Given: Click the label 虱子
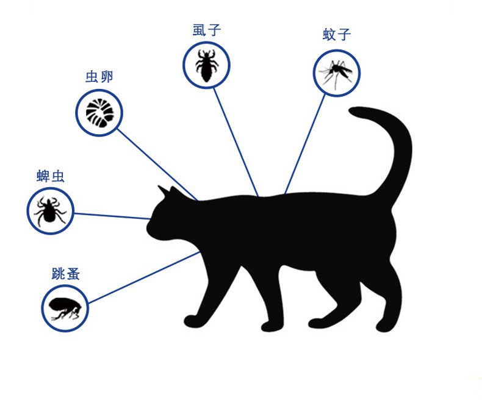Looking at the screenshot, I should (x=206, y=29).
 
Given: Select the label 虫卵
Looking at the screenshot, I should (x=99, y=77).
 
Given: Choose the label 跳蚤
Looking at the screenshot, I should (x=66, y=273).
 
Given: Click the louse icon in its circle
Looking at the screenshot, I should (x=206, y=65).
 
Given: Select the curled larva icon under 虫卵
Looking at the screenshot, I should (x=99, y=112).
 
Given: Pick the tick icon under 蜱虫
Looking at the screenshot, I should (x=49, y=211).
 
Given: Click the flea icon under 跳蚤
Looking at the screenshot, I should (x=65, y=308).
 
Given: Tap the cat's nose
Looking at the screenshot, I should (x=148, y=228).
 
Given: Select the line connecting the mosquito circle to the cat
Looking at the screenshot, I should (x=306, y=144).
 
